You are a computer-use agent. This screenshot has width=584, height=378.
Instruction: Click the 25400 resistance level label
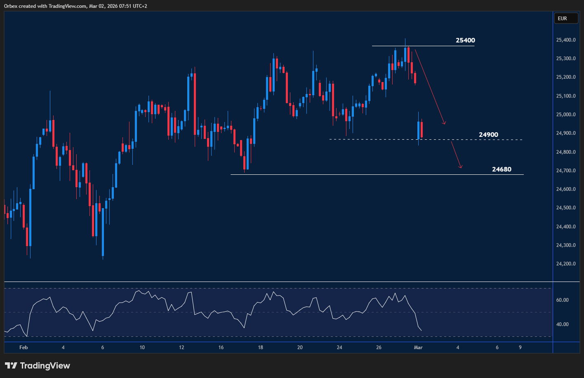pos(465,40)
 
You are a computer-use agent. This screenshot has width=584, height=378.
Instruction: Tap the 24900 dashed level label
pos(488,135)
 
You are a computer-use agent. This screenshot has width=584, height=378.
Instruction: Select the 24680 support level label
pos(502,169)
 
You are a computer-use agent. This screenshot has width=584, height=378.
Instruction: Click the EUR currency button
pos(562,19)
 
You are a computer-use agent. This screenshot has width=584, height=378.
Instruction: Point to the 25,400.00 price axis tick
pos(566,40)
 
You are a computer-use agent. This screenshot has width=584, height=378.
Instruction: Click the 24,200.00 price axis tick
pos(566,264)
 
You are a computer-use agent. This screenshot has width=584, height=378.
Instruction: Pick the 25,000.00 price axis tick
pos(566,115)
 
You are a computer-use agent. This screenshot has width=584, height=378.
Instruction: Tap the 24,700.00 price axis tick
pos(566,171)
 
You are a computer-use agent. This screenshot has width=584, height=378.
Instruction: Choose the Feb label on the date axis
pos(24,347)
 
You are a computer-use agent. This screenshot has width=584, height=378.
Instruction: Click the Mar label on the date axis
pos(418,347)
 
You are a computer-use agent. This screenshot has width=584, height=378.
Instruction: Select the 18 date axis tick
pos(260,347)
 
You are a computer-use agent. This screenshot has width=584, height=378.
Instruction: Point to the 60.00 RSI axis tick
pos(563,300)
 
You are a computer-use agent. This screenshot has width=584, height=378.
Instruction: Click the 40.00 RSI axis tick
pos(563,324)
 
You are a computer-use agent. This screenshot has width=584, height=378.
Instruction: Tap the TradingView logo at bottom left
pos(38,366)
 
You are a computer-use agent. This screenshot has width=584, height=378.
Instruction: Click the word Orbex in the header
pos(11,6)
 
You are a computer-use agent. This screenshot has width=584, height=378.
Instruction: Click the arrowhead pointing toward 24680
pos(461,167)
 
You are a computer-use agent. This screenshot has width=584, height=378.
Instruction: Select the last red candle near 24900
pos(422,129)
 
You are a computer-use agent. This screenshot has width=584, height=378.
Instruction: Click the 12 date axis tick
pos(181,347)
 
